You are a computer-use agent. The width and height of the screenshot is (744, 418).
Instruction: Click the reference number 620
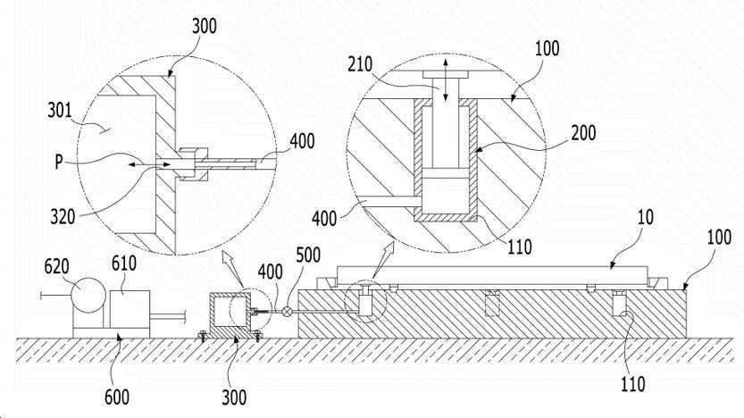57,267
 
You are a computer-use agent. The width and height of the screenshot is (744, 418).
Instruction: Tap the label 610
124,263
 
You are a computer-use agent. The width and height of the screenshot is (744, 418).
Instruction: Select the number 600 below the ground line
117,397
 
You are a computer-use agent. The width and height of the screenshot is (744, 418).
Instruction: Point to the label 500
308,255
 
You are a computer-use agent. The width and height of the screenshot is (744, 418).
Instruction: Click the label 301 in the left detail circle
59,111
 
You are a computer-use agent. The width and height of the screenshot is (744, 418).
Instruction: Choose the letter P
58,163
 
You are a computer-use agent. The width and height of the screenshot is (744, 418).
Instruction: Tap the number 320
63,217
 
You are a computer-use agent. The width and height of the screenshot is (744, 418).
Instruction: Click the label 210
360,64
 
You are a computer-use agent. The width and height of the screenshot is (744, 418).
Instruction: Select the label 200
583,133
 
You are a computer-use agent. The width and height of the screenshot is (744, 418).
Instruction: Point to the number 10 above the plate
646,217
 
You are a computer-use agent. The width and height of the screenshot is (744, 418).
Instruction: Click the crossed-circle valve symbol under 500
287,311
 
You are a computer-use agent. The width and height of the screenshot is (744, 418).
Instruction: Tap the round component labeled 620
88,296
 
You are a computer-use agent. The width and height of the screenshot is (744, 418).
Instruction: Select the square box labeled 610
130,309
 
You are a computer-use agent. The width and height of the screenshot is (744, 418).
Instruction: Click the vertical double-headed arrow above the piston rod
445,80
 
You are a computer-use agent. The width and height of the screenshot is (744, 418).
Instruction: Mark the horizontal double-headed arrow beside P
149,164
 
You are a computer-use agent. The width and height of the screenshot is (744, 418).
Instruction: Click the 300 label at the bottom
234,397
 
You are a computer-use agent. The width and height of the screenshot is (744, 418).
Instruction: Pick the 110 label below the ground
633,384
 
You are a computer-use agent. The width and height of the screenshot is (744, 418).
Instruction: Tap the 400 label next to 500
271,272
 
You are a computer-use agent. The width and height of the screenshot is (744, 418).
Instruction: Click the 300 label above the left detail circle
204,26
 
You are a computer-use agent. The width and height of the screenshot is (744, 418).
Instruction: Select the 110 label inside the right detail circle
520,247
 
